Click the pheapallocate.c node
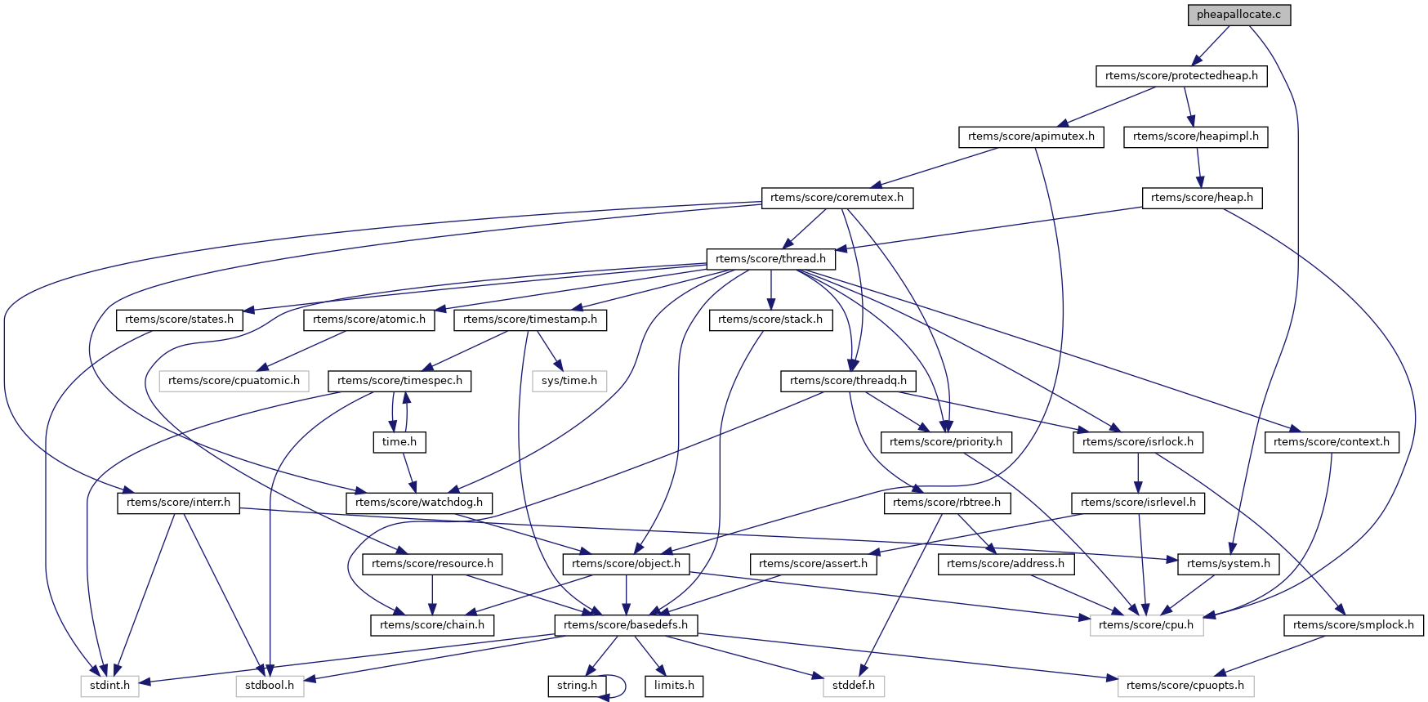1239,15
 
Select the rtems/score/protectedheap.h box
1181,76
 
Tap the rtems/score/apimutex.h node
1031,136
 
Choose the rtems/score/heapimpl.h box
1196,136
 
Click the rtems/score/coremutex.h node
837,198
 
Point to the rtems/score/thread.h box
770,259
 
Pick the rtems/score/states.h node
180,320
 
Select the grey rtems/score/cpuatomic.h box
234,381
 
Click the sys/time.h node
569,381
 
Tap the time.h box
399,442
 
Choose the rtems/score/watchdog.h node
419,503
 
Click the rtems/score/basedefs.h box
626,625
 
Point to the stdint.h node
110,686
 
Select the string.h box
577,686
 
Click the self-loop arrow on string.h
624,686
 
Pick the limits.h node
674,686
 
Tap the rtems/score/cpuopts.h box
1185,686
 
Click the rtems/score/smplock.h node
1354,625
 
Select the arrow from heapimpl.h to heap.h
1199,168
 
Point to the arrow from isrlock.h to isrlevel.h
1138,472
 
